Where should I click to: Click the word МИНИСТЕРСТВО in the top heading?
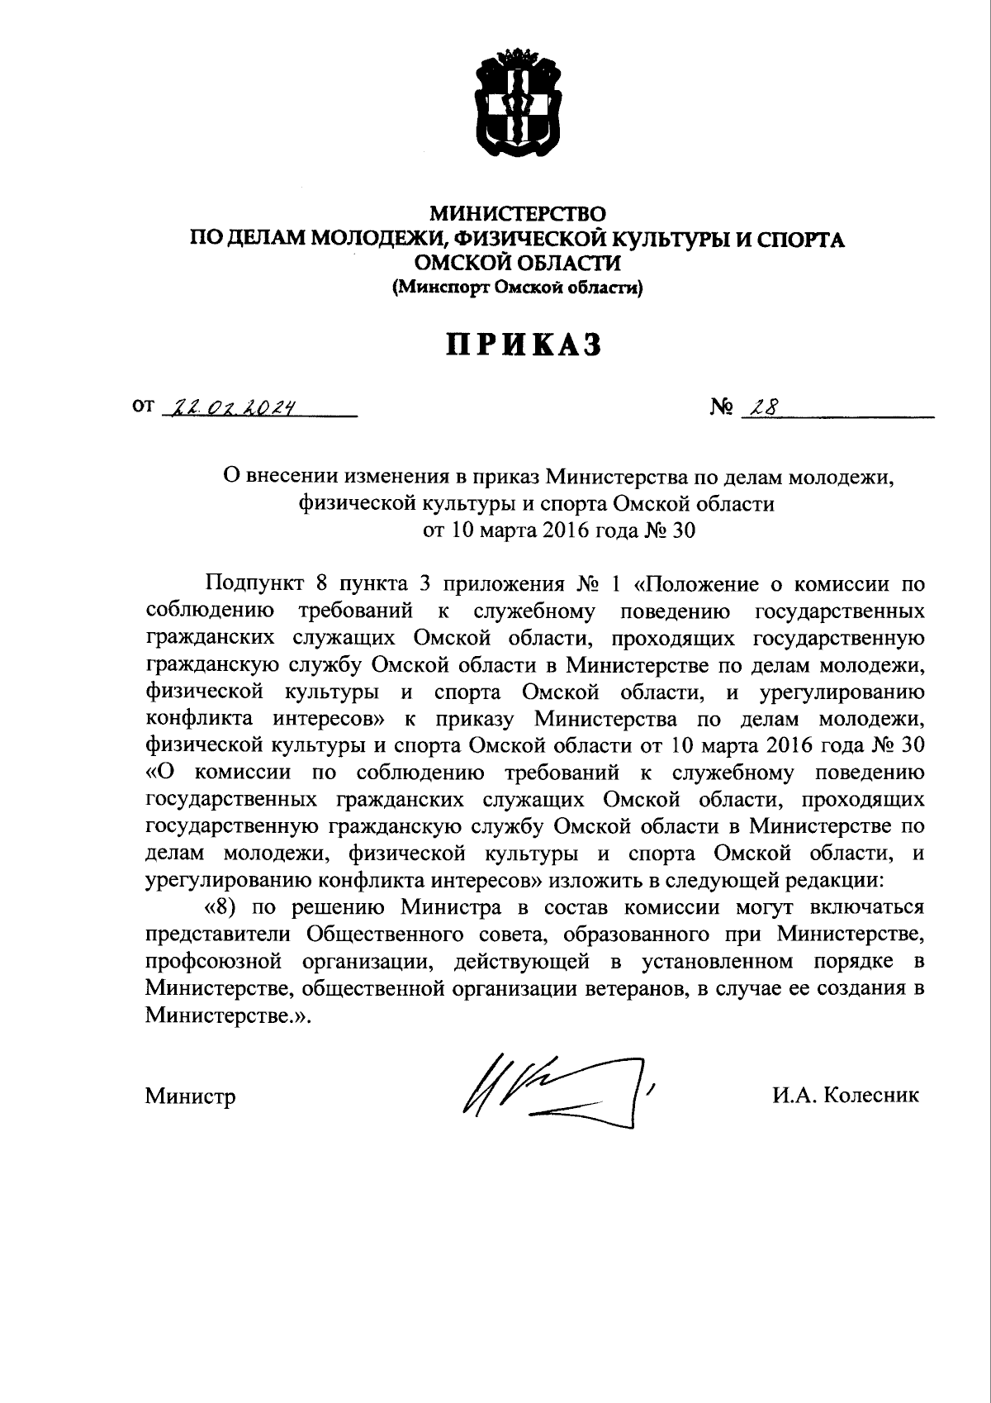[518, 216]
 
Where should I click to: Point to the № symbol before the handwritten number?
[721, 407]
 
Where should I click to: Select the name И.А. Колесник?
[846, 1096]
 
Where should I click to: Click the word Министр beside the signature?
[191, 1096]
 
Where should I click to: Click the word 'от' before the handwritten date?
[143, 407]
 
